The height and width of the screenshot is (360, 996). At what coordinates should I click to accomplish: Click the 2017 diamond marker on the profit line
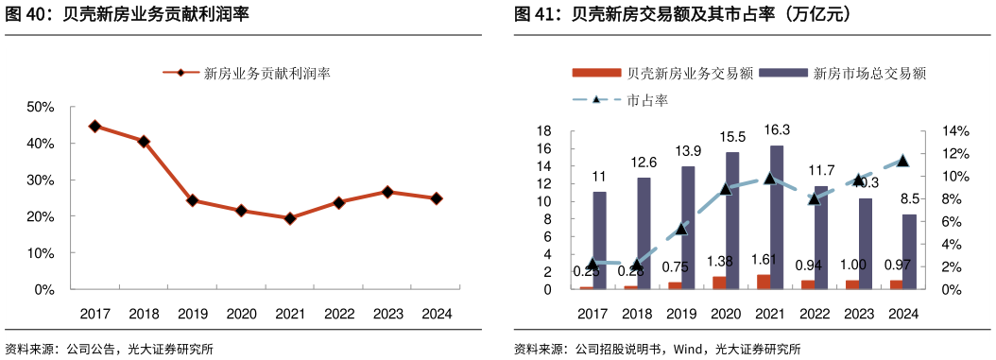94,126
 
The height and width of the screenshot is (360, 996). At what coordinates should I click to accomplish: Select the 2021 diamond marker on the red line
290,218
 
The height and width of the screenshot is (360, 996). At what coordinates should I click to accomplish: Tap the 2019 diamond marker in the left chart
192,200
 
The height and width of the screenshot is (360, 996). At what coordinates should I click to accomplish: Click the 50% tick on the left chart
41,107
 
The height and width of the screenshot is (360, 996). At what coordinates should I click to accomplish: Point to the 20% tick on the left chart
41,216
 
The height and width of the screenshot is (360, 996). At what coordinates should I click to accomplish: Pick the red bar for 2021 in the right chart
763,282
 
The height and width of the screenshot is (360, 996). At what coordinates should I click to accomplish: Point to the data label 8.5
910,198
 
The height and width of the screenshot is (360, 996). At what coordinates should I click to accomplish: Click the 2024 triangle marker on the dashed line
902,161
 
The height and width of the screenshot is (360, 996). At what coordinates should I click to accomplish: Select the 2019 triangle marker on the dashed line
681,228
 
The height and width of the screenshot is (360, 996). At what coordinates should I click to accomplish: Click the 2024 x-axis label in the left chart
437,314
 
